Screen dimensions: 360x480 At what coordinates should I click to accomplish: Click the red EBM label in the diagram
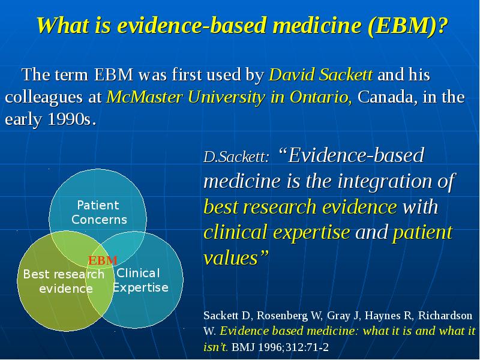click(x=103, y=260)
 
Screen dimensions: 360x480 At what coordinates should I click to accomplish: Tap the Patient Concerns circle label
click(x=99, y=212)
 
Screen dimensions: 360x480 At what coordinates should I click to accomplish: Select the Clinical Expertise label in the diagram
click(x=140, y=280)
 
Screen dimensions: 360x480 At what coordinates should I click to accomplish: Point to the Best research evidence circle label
click(x=64, y=281)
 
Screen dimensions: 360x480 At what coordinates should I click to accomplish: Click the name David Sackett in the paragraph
click(x=322, y=76)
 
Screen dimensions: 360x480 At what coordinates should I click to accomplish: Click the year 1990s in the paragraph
click(x=70, y=119)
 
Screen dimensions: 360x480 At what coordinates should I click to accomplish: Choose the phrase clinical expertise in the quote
click(x=278, y=232)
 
